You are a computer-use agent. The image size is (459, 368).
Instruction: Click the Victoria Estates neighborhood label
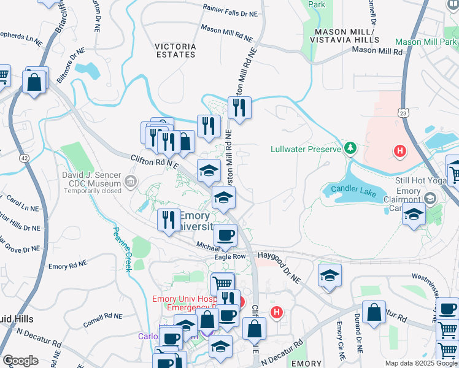pyautogui.click(x=175, y=50)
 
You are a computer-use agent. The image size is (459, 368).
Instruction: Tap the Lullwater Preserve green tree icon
pyautogui.click(x=350, y=148)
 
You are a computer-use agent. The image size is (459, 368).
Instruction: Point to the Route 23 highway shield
pyautogui.click(x=403, y=113)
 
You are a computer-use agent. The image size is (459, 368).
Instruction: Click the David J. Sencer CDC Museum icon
pyautogui.click(x=130, y=181)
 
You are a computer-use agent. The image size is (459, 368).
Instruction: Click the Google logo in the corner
pyautogui.click(x=20, y=361)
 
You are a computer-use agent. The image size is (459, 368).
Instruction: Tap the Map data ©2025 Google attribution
pyautogui.click(x=421, y=363)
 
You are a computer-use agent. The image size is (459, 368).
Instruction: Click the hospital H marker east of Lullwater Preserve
pyautogui.click(x=399, y=150)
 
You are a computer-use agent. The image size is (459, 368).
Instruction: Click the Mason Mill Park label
pyautogui.click(x=426, y=42)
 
